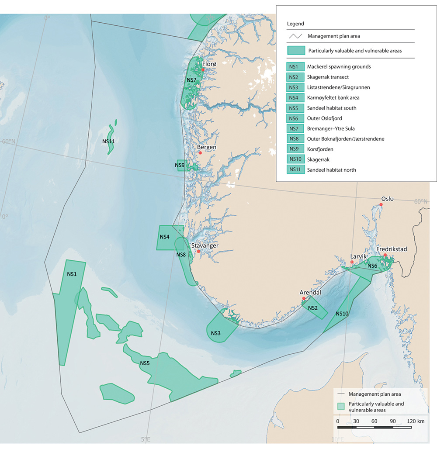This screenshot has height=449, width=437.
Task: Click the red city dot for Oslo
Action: (x=381, y=204)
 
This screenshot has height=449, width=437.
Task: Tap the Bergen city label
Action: (x=206, y=148)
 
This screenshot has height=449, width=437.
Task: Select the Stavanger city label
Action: (x=205, y=246)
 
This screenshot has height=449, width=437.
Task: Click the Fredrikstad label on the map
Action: (x=392, y=249)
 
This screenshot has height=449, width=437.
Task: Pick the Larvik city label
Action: (x=359, y=256)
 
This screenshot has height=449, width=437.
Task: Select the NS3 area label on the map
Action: (x=215, y=333)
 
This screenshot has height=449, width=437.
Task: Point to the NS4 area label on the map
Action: (x=164, y=237)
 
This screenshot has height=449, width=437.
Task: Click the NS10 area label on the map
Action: (x=342, y=314)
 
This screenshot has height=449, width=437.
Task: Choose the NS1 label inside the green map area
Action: (x=72, y=274)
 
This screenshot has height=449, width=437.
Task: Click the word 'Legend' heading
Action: (x=295, y=24)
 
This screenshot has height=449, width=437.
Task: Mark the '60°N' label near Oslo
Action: (x=421, y=201)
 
